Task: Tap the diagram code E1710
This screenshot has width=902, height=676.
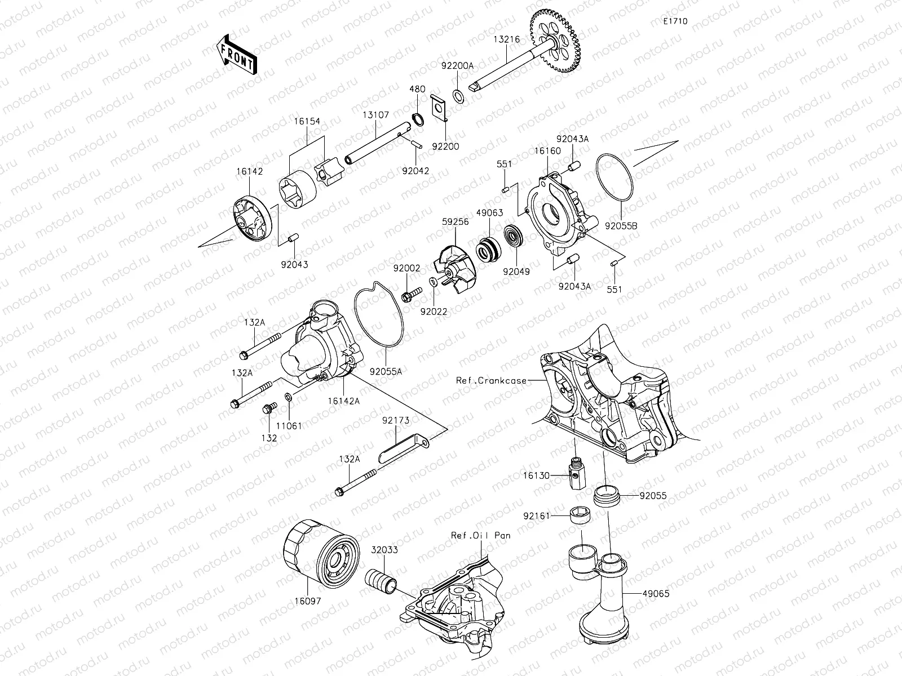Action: click(x=675, y=21)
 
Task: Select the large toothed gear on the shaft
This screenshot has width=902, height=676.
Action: click(x=556, y=43)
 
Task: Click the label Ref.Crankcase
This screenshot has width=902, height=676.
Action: click(x=491, y=380)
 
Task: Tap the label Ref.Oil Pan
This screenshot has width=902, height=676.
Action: click(x=480, y=535)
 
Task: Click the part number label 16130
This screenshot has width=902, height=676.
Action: click(x=536, y=475)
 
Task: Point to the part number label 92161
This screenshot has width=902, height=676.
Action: click(x=536, y=515)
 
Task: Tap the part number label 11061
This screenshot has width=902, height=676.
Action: click(x=289, y=426)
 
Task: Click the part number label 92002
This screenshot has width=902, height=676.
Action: click(x=406, y=269)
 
